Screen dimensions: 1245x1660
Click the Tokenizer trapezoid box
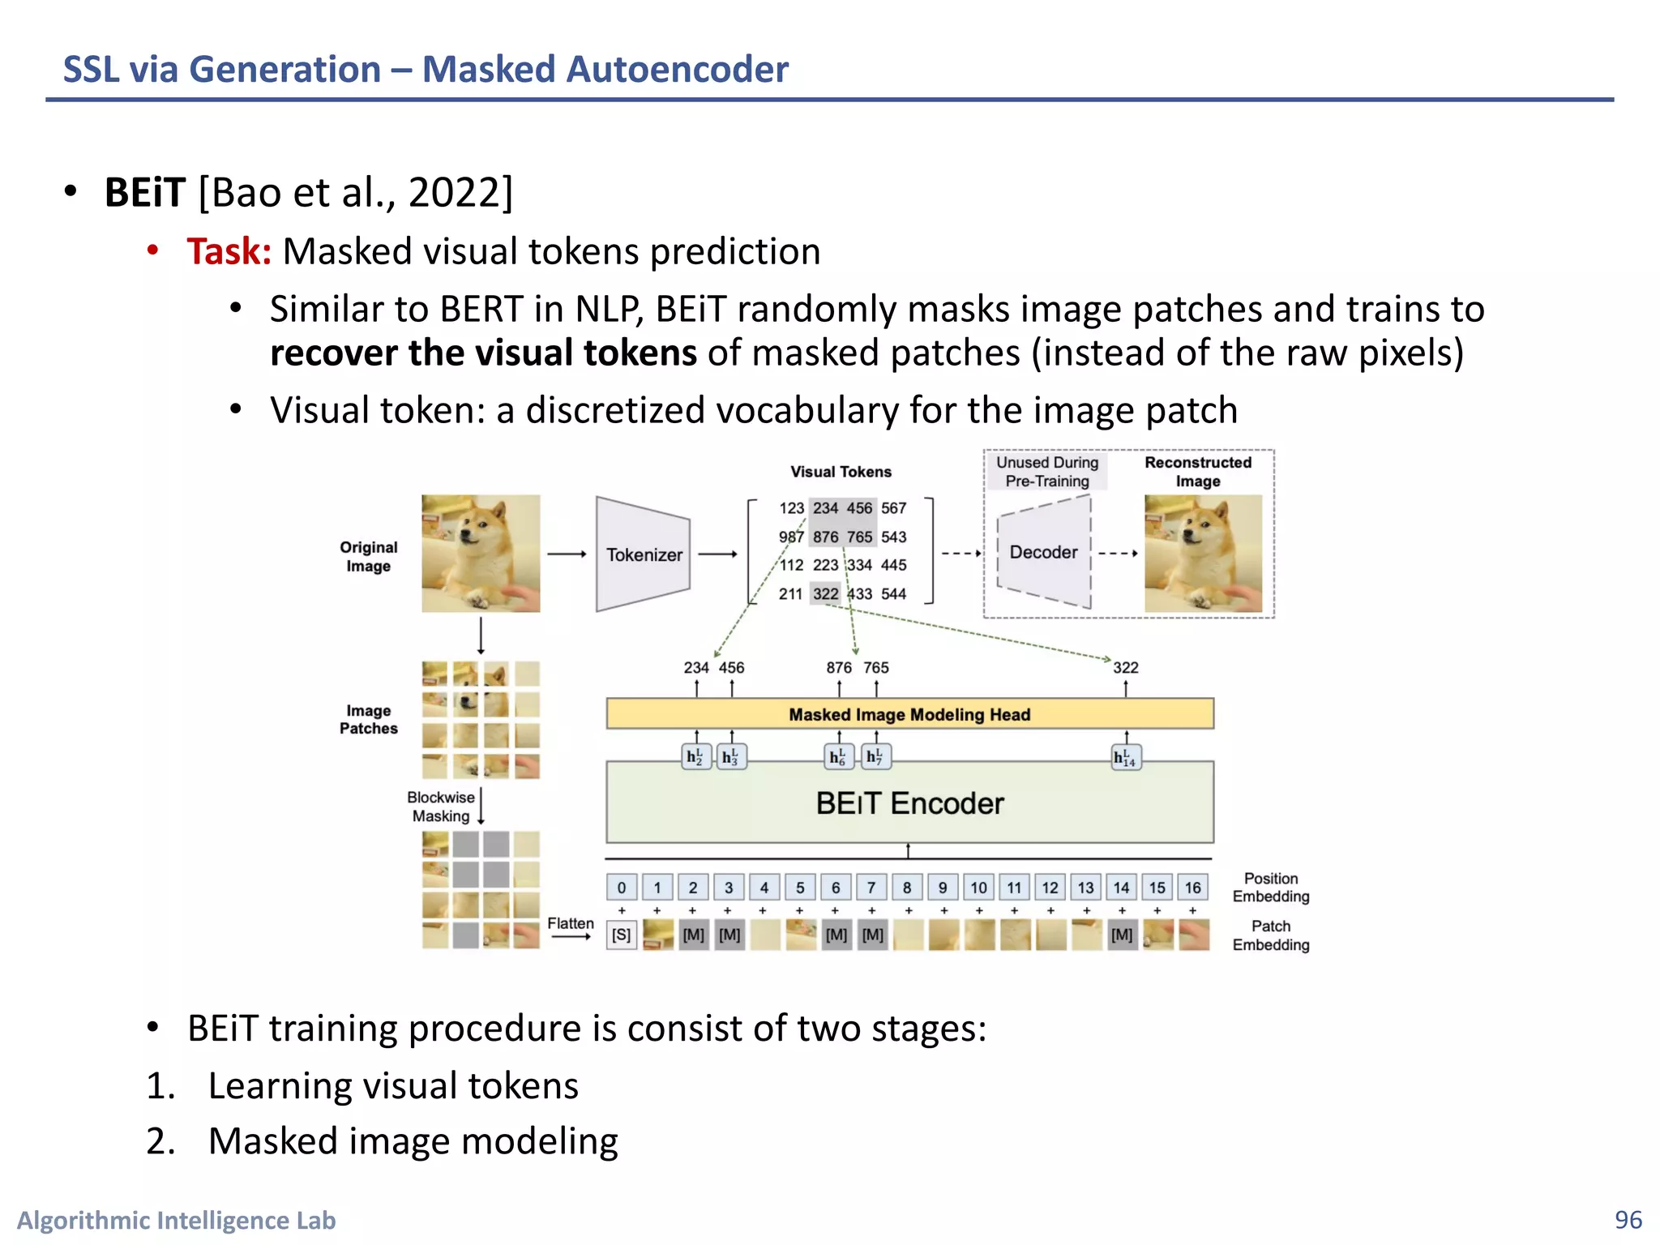(643, 554)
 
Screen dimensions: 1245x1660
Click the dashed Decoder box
(1043, 552)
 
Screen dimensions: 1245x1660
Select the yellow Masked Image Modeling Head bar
(909, 714)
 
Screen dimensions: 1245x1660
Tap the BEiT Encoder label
(909, 803)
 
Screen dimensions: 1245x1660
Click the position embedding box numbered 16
(1192, 888)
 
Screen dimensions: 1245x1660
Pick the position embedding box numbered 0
(622, 888)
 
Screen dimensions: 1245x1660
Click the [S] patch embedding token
(622, 935)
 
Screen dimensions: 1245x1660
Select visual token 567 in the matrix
(893, 508)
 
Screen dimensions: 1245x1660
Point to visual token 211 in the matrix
(790, 594)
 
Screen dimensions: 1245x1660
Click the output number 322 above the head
(1125, 668)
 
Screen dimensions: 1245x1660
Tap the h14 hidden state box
(1125, 757)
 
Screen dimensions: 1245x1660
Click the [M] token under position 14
(1122, 935)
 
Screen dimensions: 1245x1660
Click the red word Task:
(229, 251)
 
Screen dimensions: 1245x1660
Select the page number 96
(1628, 1220)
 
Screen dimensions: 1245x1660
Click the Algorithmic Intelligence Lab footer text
(177, 1220)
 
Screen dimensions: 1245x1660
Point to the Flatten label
(570, 923)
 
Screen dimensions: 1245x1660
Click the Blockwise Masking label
(440, 806)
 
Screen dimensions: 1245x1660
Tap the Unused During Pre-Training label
(1046, 472)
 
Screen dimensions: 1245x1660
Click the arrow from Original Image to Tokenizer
(566, 554)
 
